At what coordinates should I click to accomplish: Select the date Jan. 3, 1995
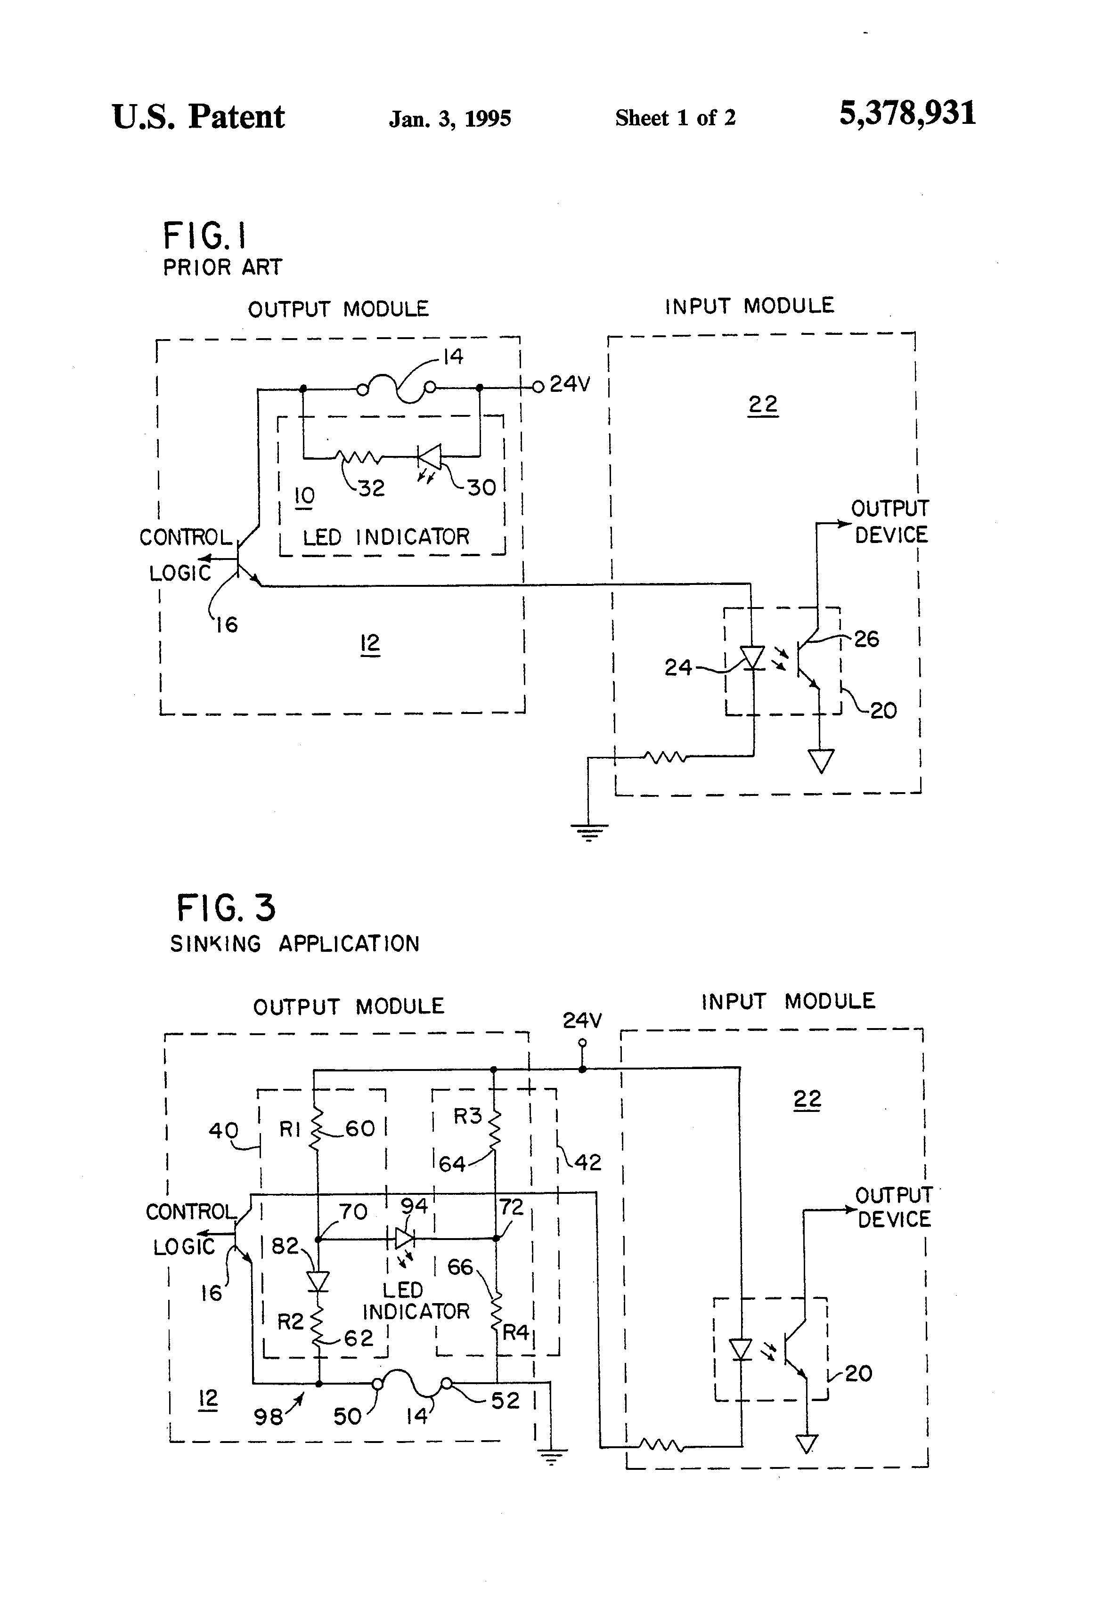pyautogui.click(x=450, y=119)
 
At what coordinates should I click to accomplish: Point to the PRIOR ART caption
pyautogui.click(x=222, y=267)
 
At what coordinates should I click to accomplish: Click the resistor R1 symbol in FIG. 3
pyautogui.click(x=317, y=1129)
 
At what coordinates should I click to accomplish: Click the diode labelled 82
pyautogui.click(x=318, y=1281)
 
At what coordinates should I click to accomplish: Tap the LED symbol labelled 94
pyautogui.click(x=405, y=1238)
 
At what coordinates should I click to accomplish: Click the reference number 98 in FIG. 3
pyautogui.click(x=268, y=1417)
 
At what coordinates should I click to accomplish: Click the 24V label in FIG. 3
pyautogui.click(x=582, y=1020)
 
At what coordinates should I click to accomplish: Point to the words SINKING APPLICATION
pyautogui.click(x=295, y=943)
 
